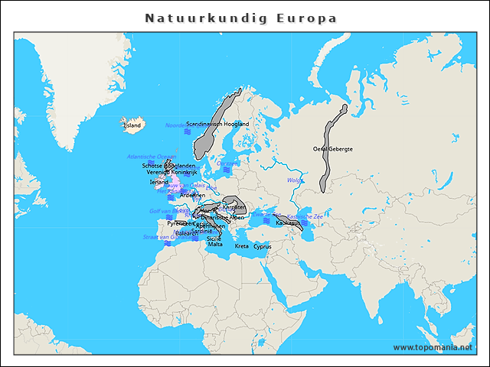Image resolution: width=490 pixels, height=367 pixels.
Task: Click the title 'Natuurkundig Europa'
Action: [240, 18]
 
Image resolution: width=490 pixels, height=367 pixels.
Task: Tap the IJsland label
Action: [132, 125]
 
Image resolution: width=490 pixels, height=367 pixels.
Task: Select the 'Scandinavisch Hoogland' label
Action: [217, 123]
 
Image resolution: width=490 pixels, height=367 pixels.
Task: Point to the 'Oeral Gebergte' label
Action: [333, 149]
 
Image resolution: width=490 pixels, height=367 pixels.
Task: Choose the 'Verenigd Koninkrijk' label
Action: [172, 173]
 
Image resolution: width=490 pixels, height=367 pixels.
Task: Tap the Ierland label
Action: [158, 182]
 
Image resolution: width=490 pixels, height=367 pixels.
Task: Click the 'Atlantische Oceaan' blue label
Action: [151, 157]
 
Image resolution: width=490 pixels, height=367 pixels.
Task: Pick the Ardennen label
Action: [192, 196]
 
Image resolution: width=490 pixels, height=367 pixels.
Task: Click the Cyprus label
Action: [263, 247]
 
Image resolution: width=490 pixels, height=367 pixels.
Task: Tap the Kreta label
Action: [241, 247]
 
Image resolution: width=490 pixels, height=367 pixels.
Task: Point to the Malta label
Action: [215, 245]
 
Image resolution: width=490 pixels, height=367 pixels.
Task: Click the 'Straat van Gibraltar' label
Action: [165, 237]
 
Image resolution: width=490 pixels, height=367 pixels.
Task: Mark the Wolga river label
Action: [294, 180]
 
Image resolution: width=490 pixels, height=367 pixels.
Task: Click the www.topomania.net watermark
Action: [438, 348]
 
